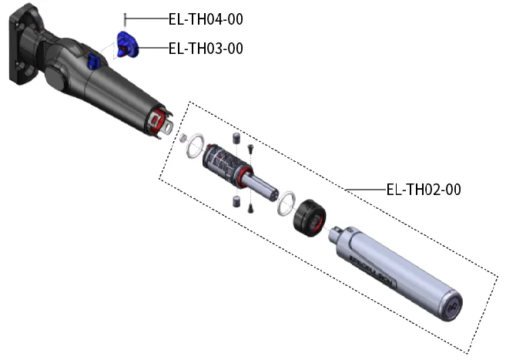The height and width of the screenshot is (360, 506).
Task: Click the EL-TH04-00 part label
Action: tap(206, 19)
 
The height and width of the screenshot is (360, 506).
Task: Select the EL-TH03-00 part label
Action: tap(206, 49)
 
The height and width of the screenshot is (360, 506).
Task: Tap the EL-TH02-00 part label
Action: tap(424, 189)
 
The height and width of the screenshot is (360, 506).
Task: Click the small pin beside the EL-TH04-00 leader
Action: tap(125, 19)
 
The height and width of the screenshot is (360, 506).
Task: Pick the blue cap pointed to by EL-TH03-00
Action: tap(127, 45)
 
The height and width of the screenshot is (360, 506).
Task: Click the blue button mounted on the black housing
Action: tap(93, 61)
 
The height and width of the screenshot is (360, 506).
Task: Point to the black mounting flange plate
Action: tap(22, 45)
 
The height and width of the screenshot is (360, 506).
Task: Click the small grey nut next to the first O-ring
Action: tap(183, 138)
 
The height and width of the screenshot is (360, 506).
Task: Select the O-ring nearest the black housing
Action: tap(195, 146)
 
